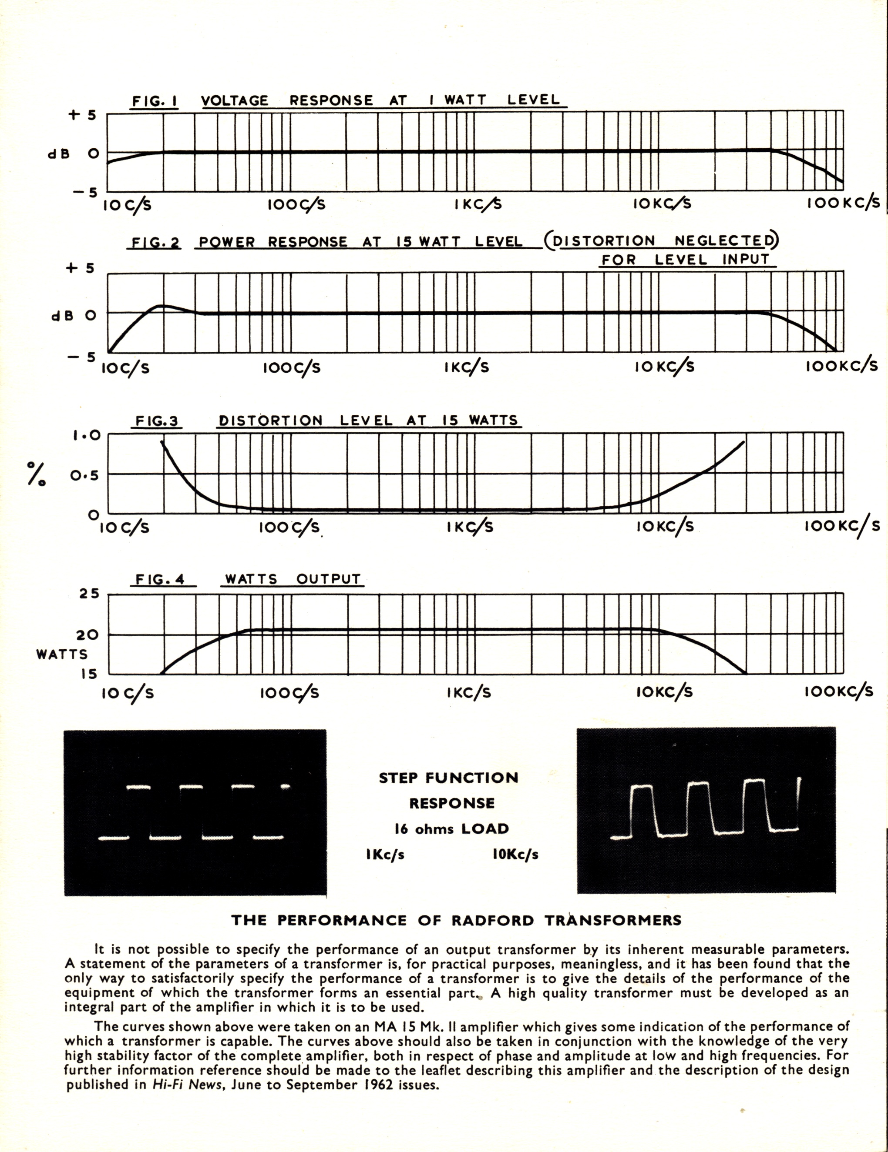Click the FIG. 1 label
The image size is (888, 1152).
click(154, 101)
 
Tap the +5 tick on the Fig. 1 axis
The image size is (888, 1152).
click(82, 114)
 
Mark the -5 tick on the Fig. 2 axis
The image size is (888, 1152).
click(81, 357)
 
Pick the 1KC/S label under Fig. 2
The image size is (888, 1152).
click(467, 367)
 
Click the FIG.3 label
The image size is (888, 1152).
click(157, 421)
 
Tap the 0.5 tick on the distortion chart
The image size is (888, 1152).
click(85, 475)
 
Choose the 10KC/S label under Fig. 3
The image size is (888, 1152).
click(665, 526)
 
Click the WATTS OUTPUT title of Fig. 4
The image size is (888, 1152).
click(293, 579)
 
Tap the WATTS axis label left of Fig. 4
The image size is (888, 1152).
click(62, 654)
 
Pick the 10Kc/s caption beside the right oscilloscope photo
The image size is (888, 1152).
click(515, 854)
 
